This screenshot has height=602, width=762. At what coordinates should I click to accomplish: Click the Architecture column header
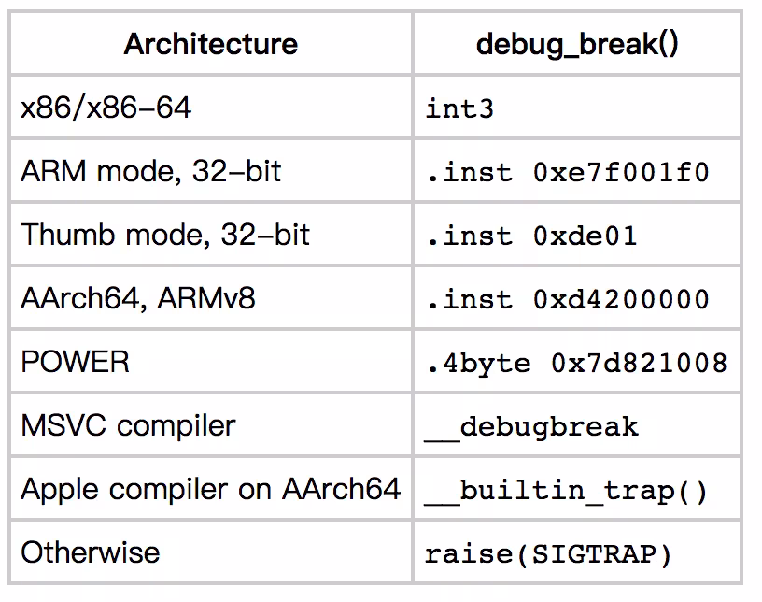click(210, 44)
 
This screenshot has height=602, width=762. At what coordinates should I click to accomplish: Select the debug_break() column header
click(577, 45)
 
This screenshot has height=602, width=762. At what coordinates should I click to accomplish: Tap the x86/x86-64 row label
click(106, 107)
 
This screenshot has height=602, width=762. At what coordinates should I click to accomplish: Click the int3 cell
click(459, 108)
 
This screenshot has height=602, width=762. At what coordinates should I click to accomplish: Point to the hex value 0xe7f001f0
click(621, 172)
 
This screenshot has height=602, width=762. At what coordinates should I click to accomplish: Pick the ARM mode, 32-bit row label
click(150, 171)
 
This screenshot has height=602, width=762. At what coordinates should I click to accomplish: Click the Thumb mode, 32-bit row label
click(165, 235)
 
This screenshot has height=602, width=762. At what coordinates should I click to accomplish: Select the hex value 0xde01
click(586, 236)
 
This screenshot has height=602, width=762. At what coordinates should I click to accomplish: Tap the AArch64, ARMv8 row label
click(137, 298)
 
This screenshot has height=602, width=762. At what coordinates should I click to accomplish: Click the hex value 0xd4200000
click(621, 299)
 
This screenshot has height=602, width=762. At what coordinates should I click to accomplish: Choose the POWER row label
click(75, 362)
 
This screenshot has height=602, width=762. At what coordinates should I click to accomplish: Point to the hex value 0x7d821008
click(639, 363)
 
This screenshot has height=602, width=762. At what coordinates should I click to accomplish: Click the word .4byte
click(479, 364)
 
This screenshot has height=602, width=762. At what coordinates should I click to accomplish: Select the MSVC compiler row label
click(128, 425)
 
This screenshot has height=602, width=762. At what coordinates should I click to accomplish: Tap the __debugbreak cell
click(531, 427)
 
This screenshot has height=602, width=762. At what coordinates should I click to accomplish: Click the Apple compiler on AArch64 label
click(210, 489)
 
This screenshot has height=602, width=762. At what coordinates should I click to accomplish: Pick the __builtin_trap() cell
click(566, 491)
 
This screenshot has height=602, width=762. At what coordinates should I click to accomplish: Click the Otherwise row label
click(90, 552)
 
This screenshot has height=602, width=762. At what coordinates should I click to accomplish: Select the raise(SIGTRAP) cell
click(548, 554)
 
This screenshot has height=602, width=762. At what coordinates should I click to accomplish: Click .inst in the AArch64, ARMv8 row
click(470, 299)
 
